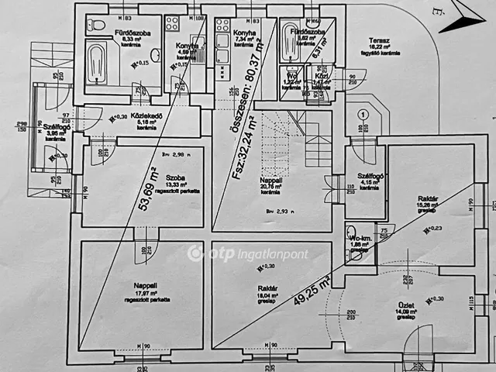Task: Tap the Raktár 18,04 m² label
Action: [269, 286]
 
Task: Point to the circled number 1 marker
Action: [361, 113]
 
